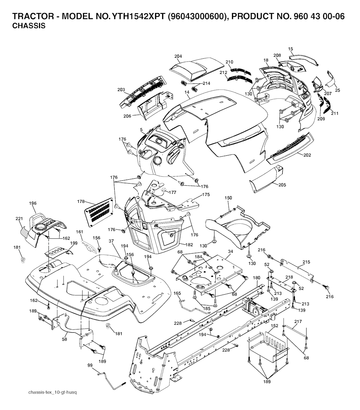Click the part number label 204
pos(178,56)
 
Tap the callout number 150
pos(229,198)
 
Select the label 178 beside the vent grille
pos(81,201)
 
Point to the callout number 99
pos(90,366)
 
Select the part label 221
pos(19,219)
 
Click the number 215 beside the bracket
pos(307,262)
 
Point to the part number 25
pos(337,90)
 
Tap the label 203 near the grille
pos(121,90)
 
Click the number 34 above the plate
pos(230,251)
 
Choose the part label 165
pos(177,293)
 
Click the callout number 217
pos(298,322)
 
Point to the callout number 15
pos(290,49)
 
